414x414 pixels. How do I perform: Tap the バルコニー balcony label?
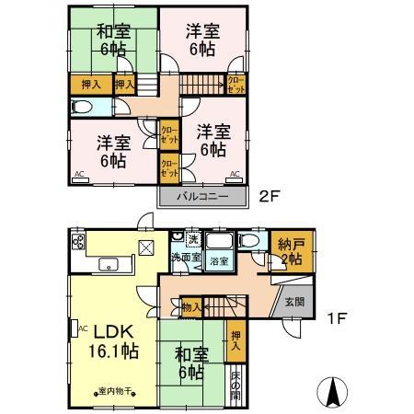(x=203, y=196)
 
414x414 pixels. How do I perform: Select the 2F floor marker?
(x=268, y=195)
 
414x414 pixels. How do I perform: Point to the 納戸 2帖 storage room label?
(x=293, y=251)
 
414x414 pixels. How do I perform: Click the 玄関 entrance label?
(x=293, y=302)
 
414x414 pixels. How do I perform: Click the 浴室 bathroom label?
(x=219, y=261)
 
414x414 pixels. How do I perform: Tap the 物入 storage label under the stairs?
(x=191, y=307)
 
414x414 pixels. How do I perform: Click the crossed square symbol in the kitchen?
(x=146, y=246)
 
